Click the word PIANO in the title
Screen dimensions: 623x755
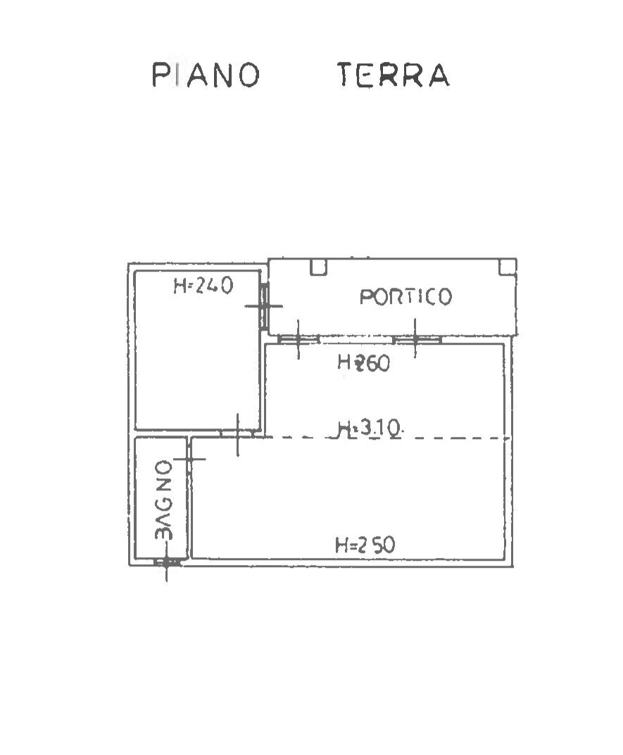pos(206,75)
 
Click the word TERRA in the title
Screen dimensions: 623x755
pos(394,75)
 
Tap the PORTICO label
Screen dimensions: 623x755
pos(405,297)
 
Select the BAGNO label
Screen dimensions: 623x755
pos(164,500)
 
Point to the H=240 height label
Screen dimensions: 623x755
pos(203,286)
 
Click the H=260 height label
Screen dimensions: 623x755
pos(363,362)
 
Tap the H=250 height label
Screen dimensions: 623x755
pos(365,545)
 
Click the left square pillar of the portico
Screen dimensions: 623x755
pos(318,267)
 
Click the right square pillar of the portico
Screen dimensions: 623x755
pos(508,267)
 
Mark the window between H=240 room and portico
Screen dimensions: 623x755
pos(264,306)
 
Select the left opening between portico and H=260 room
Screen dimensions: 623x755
pos(298,339)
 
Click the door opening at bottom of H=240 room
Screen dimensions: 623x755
pos(237,433)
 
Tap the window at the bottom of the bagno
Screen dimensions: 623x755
pos(167,562)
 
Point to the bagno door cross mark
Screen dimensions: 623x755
pos(189,459)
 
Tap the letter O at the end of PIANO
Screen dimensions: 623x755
pos(250,75)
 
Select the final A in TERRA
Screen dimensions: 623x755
pos(439,75)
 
